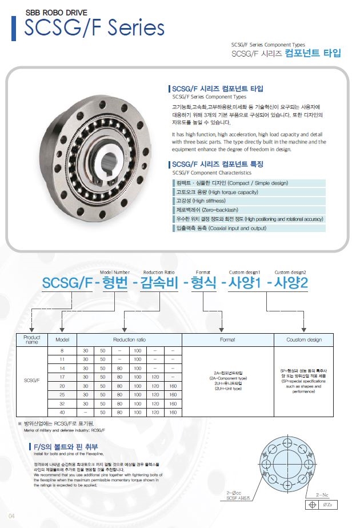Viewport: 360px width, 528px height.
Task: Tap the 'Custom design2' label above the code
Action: click(x=290, y=272)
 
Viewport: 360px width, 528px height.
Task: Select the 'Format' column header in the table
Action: click(x=227, y=339)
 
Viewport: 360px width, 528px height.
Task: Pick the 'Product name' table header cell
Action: click(x=32, y=339)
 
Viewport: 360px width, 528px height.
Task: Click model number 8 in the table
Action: click(x=62, y=350)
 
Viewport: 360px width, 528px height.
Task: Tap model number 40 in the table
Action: click(x=62, y=412)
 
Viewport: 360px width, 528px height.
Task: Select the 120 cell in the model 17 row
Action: click(x=155, y=377)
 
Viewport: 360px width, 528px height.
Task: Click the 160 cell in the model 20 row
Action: click(x=173, y=386)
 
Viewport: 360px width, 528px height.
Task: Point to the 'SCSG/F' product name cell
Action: click(x=32, y=380)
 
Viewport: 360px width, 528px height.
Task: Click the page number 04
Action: click(x=11, y=517)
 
